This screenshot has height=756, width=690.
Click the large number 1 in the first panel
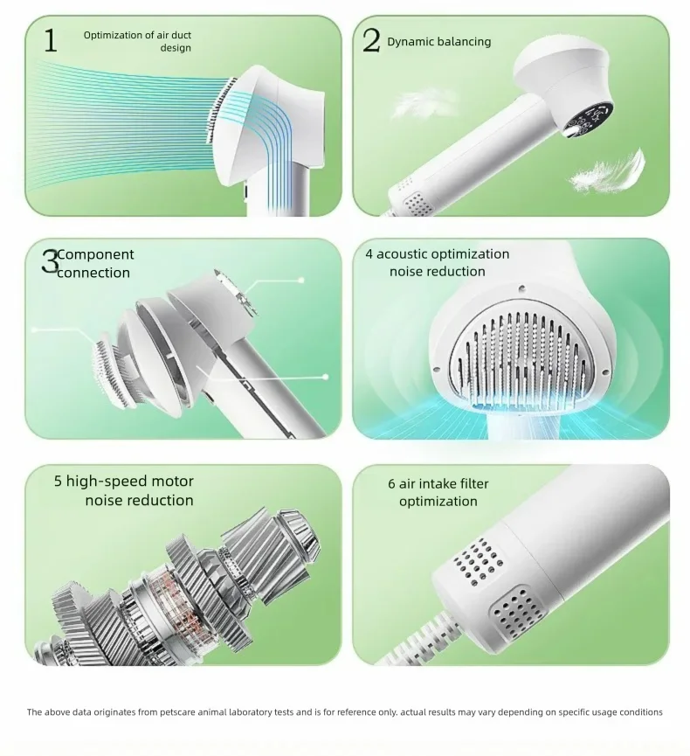[51, 40]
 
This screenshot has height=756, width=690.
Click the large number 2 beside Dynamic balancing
[371, 40]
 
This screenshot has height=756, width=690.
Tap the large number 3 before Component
[50, 261]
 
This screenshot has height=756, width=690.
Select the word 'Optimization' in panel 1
[113, 35]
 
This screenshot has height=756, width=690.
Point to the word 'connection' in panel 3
[93, 273]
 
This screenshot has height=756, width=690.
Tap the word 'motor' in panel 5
[172, 482]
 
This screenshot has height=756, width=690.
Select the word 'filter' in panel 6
[474, 483]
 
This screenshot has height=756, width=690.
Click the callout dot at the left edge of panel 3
[34, 329]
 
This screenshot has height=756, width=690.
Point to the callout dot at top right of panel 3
[301, 281]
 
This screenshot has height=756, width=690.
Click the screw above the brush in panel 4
[521, 288]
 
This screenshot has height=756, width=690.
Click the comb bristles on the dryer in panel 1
[221, 110]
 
